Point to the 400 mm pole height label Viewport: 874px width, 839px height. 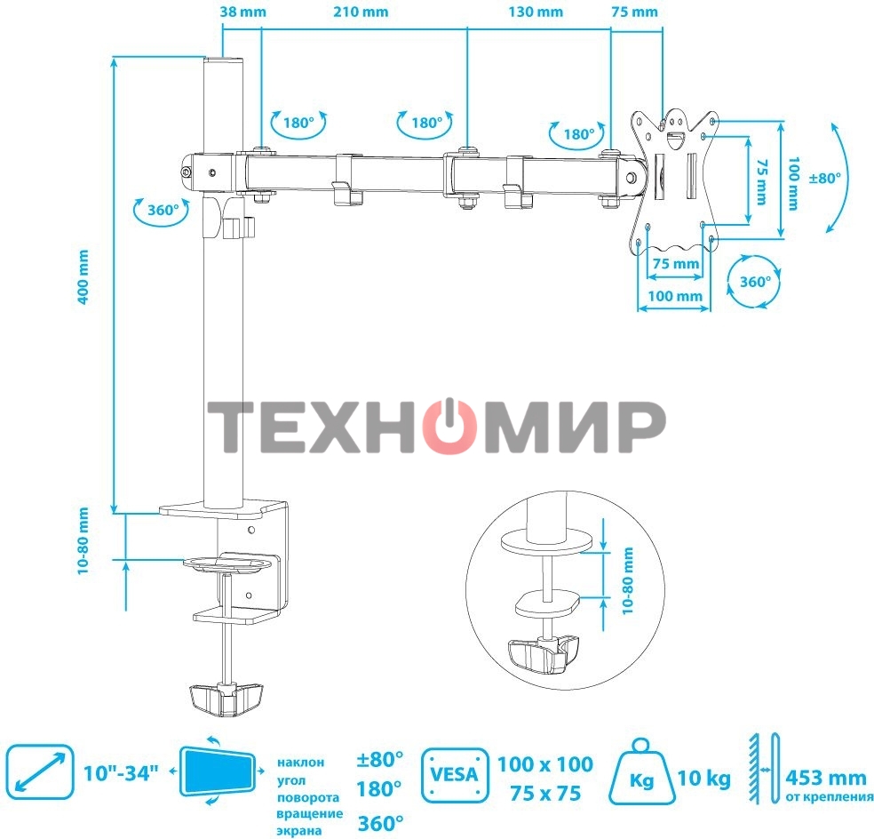pos(83,276)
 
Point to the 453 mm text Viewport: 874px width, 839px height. pos(825,777)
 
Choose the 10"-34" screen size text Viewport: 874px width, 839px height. pos(122,771)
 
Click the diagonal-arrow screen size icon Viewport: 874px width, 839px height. pos(39,771)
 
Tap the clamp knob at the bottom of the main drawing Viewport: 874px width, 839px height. pos(226,698)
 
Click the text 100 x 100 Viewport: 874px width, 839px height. pos(544,763)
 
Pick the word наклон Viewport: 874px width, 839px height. pos(300,762)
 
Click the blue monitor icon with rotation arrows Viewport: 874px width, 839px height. pos(218,771)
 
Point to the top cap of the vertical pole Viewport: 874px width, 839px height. pos(224,63)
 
